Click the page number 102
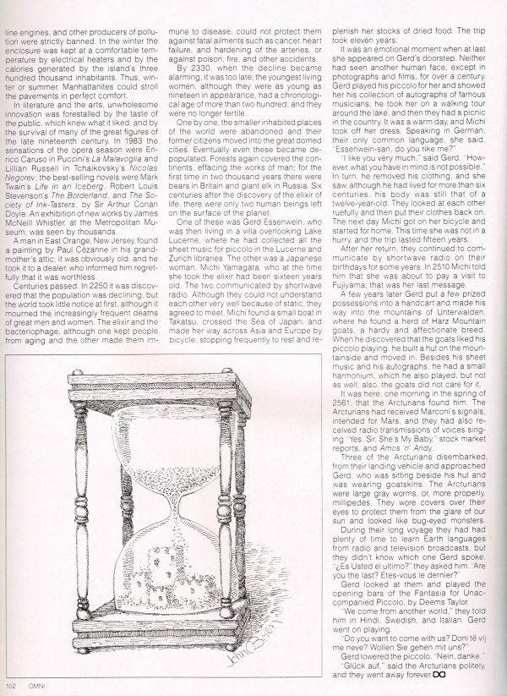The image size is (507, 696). [x=11, y=686]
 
